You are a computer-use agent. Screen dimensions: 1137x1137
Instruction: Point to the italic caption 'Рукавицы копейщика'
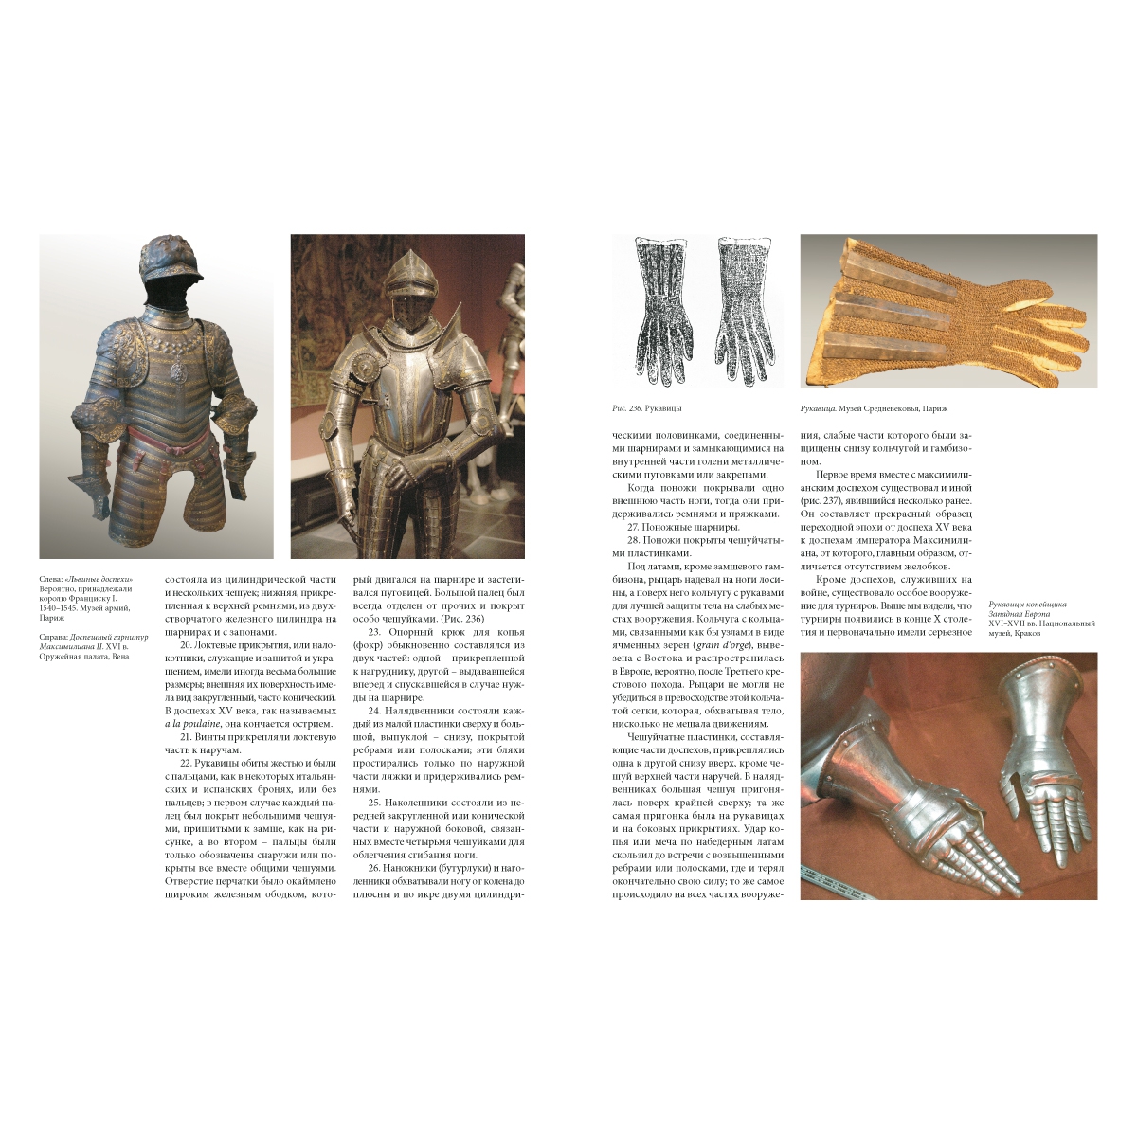click(x=1027, y=604)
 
